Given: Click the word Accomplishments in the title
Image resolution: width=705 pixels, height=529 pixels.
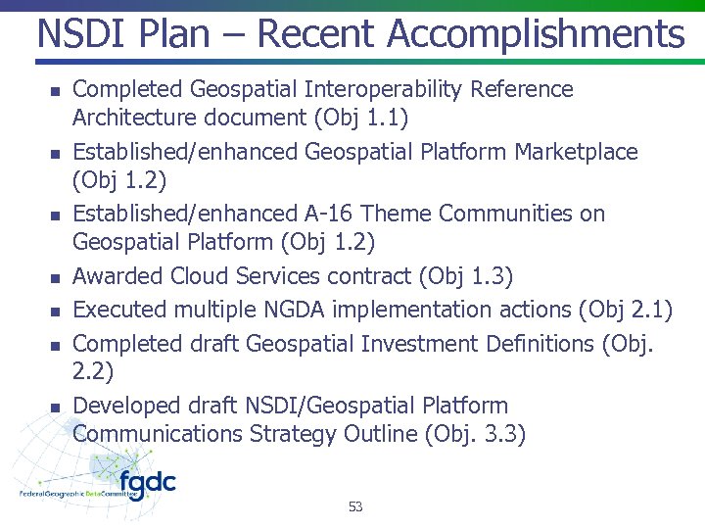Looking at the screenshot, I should click(536, 35).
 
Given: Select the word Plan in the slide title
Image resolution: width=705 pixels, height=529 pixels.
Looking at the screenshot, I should click(177, 35).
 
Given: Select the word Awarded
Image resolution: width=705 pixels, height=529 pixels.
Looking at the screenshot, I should click(118, 277).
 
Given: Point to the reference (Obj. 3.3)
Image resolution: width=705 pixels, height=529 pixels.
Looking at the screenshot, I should click(476, 434).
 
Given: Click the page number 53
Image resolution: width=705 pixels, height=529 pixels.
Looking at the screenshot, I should click(355, 506).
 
